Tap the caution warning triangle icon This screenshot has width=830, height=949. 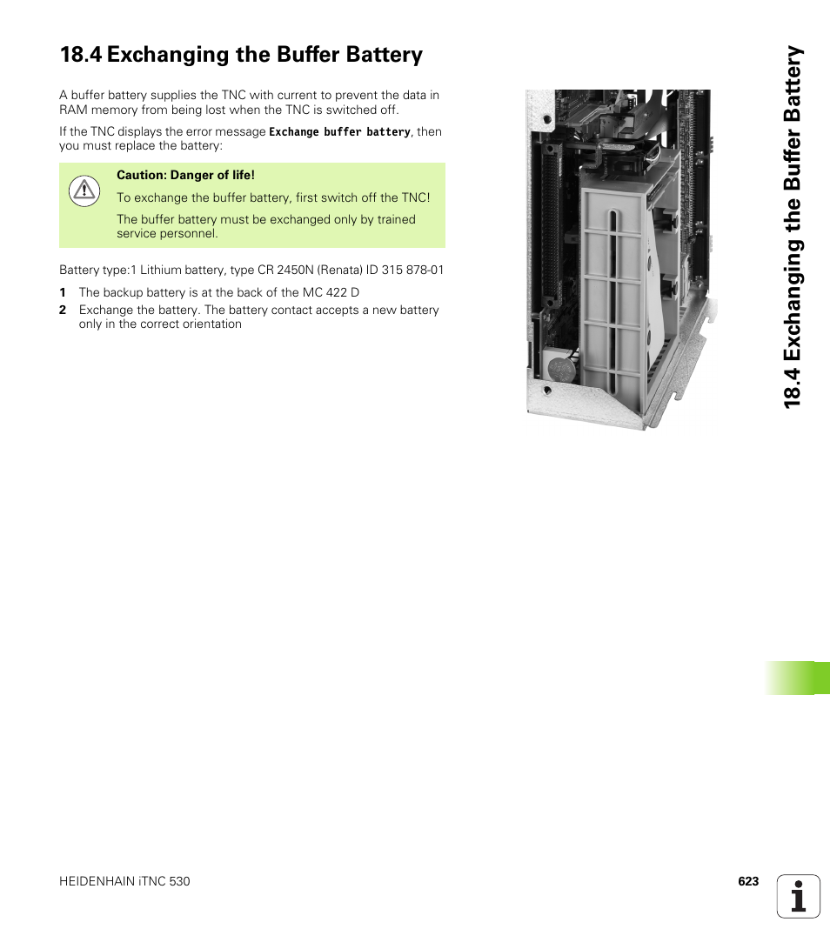84,190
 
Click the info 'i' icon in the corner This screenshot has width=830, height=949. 799,896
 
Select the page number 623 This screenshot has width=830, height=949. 748,881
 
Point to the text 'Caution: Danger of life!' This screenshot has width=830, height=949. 185,175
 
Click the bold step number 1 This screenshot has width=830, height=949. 63,292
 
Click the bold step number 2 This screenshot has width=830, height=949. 63,310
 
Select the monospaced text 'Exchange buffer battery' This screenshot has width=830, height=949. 339,132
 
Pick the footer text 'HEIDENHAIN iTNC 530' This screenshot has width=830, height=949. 124,881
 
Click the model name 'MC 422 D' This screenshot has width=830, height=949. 331,292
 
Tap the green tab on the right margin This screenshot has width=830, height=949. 798,678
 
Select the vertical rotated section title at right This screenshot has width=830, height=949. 793,226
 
